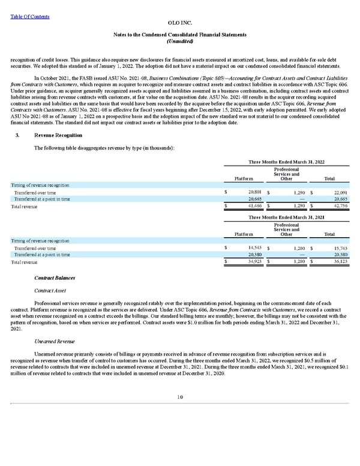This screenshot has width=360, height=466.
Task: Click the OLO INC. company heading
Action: click(x=179, y=22)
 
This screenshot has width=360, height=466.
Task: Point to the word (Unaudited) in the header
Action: click(x=179, y=41)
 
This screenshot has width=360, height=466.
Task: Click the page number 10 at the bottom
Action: click(x=179, y=397)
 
